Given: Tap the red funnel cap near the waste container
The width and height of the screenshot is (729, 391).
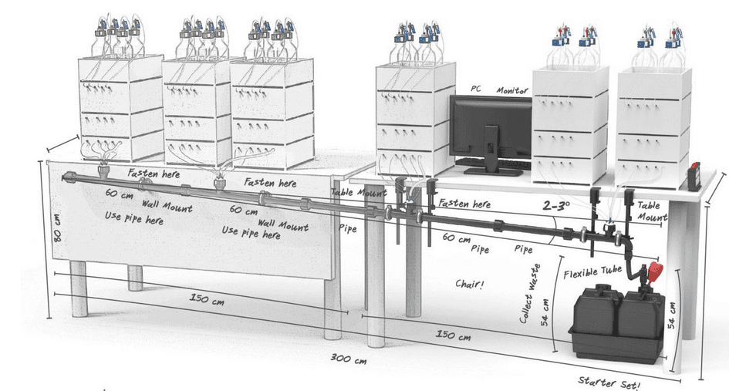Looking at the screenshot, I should point(656,271).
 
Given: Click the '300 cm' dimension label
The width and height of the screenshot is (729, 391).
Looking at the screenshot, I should point(348,359).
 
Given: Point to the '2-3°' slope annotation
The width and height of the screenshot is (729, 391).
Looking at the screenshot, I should point(558,206).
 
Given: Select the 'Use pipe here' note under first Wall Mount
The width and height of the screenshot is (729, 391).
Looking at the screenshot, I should point(133,219).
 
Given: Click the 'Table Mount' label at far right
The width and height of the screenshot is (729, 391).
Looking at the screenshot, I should point(653,211).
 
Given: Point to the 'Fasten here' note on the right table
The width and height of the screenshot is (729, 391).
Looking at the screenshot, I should point(464,204).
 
